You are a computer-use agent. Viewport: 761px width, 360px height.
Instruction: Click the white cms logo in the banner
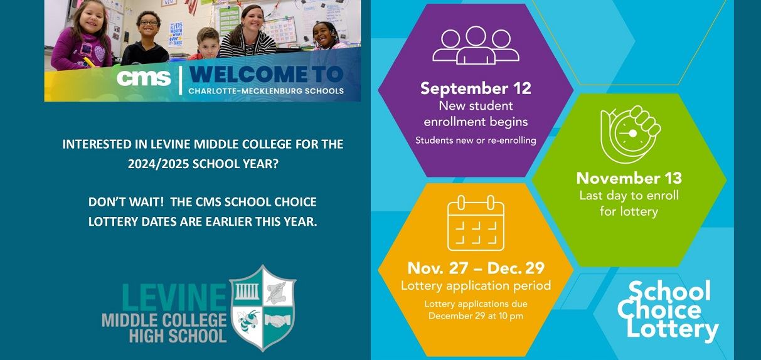[144, 78]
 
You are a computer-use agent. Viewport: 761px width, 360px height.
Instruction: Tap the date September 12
[476, 88]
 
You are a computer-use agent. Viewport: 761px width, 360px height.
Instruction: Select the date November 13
[629, 178]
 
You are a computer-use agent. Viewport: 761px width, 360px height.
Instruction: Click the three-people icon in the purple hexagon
[476, 46]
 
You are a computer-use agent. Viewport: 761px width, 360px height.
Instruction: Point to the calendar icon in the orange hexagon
[476, 223]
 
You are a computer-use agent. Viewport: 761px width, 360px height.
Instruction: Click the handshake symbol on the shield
[278, 320]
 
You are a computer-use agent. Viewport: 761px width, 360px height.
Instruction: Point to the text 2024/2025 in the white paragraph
[158, 164]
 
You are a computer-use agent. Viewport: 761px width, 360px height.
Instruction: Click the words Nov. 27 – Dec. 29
[476, 268]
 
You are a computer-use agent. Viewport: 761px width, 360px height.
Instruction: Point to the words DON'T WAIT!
[126, 202]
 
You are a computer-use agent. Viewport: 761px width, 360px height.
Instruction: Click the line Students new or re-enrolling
[476, 140]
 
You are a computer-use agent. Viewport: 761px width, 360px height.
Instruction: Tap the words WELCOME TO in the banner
[265, 75]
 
